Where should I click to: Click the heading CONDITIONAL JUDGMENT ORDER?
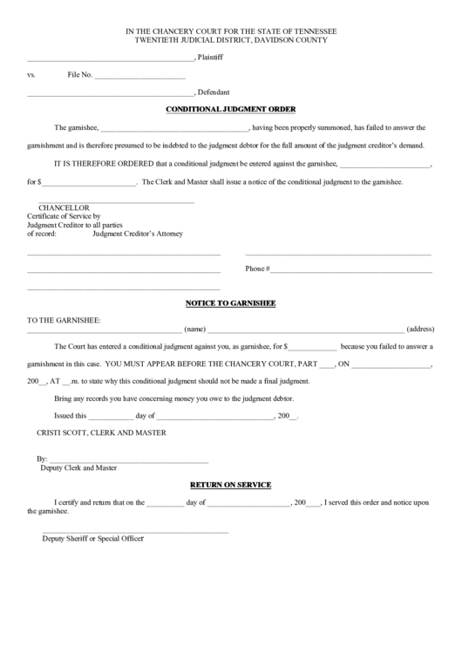[231, 109]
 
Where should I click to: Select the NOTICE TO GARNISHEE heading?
[231, 303]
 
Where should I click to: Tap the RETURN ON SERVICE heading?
[231, 485]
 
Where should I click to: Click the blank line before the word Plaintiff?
[110, 59]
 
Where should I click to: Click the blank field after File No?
[139, 76]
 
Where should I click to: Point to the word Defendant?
[214, 92]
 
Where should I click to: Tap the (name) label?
[195, 330]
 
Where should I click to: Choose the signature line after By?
[129, 459]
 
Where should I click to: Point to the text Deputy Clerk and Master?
[78, 467]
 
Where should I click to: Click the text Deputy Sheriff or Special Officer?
[92, 537]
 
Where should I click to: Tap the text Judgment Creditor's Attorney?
[138, 234]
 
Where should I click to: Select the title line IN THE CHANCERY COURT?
[231, 31]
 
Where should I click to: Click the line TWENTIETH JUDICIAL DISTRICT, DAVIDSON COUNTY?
[231, 40]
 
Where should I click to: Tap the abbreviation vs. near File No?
[31, 76]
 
